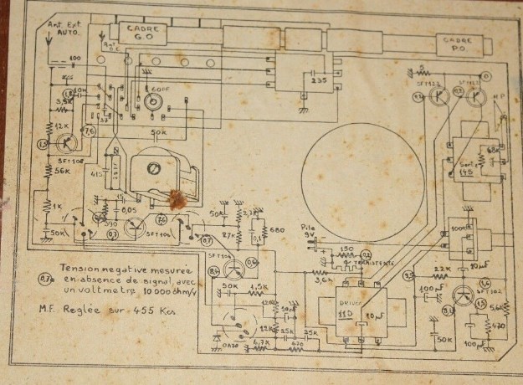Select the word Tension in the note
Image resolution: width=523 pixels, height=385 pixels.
pos(80,268)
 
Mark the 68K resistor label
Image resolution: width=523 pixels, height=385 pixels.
pos(491,150)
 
